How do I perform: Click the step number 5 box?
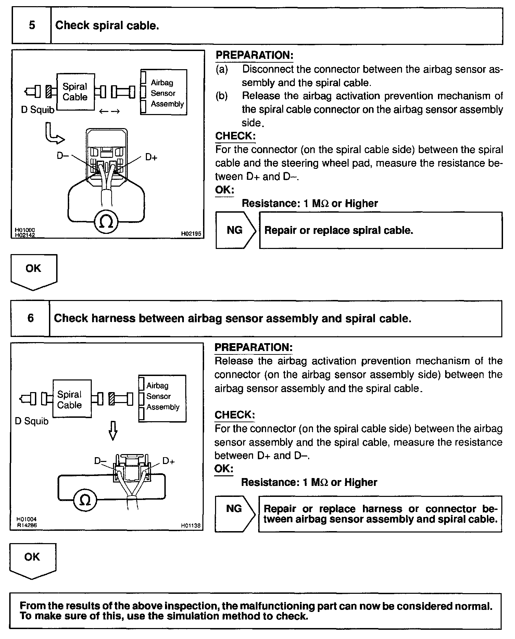click(x=32, y=26)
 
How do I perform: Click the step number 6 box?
click(x=30, y=318)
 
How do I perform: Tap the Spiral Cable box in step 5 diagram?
click(x=75, y=92)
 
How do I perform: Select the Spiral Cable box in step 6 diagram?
click(x=72, y=399)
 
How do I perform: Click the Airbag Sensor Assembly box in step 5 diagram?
click(x=164, y=92)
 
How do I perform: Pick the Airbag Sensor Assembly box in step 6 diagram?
click(x=162, y=398)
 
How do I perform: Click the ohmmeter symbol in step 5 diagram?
click(x=106, y=222)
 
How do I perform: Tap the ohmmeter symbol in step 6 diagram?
click(x=85, y=501)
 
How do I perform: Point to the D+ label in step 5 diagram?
click(x=151, y=157)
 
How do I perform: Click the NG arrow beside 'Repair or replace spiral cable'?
click(x=236, y=230)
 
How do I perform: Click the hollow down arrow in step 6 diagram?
click(x=113, y=430)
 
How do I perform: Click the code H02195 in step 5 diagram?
click(x=191, y=234)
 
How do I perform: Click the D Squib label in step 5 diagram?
click(x=38, y=110)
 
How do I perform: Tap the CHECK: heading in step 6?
click(x=235, y=415)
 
